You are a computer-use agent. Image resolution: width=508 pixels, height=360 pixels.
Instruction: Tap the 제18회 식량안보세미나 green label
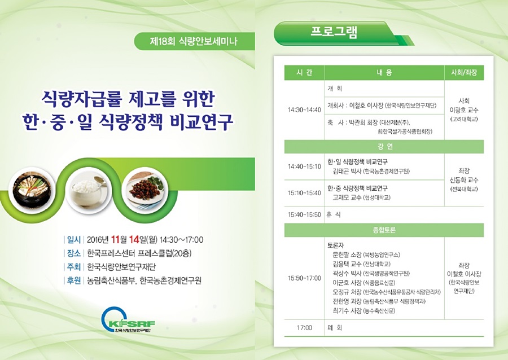point(194,41)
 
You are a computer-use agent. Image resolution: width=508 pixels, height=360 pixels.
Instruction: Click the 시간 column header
point(304,73)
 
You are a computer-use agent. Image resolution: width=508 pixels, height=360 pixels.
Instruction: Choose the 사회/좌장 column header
point(464,73)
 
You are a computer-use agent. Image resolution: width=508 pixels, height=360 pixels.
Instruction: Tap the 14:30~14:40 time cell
point(304,109)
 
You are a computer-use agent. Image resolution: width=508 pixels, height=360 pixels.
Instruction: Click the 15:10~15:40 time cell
point(304,193)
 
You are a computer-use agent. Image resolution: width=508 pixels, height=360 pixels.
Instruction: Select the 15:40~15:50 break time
point(304,214)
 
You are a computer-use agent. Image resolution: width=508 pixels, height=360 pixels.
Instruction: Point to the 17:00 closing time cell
point(304,328)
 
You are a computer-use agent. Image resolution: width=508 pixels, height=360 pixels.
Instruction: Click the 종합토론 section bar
point(384,230)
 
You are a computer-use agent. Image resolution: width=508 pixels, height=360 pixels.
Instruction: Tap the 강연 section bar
point(384,147)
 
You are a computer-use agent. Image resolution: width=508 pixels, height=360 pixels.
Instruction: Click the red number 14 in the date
point(134,240)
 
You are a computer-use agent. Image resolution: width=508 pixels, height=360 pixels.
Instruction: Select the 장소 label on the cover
point(73,253)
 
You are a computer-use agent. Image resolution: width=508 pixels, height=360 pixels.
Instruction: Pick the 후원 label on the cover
point(73,280)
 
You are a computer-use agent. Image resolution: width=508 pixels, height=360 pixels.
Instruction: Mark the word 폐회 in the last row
point(335,328)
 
